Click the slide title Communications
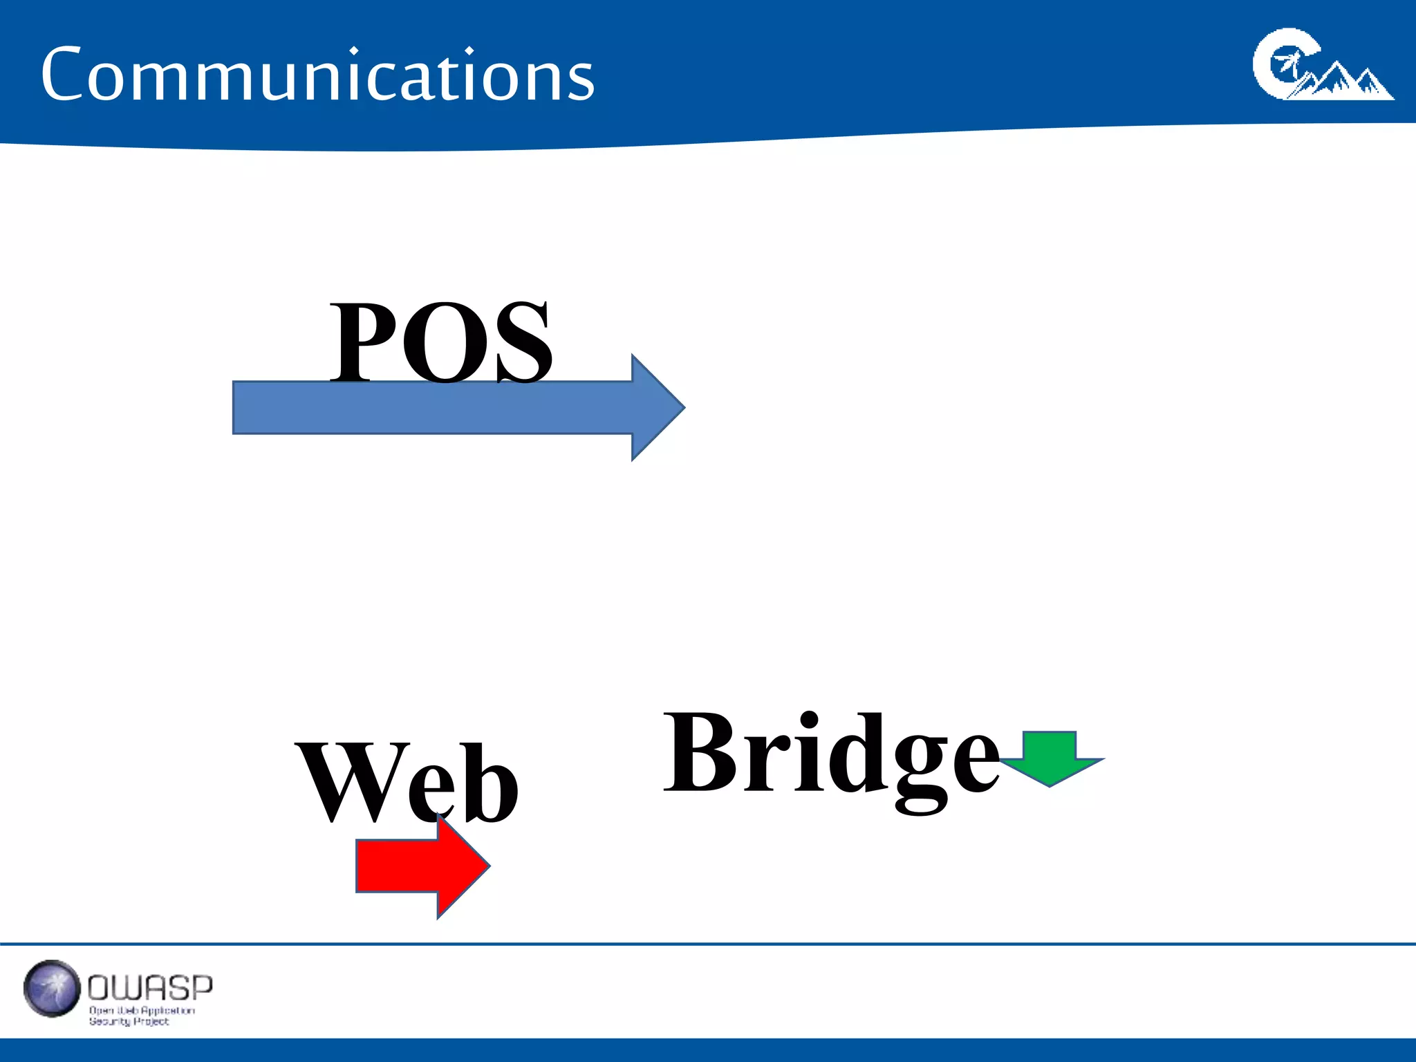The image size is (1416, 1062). [x=317, y=75]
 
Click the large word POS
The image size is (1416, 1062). [x=441, y=342]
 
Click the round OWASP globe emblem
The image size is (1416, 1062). [x=52, y=989]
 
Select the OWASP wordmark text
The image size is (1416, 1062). [x=150, y=987]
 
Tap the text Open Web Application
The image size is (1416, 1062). [x=142, y=1010]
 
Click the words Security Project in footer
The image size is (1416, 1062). [x=129, y=1021]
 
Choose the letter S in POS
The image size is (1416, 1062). [x=522, y=342]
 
